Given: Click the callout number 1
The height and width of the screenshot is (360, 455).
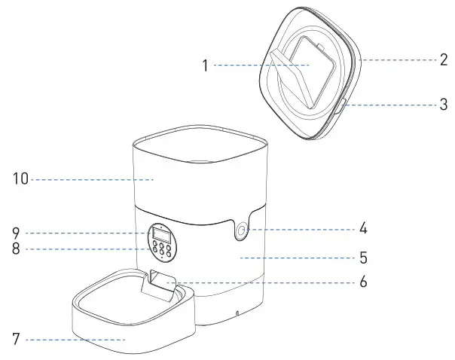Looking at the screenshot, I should point(204,66).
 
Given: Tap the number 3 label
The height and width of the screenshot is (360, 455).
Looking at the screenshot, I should point(444,105).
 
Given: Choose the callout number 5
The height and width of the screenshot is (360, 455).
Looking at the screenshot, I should point(363,258).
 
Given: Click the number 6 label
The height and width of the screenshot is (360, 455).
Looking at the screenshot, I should point(363,283).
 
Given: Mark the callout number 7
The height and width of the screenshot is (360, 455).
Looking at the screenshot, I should point(16,339).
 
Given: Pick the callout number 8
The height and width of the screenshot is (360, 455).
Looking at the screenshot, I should point(16,249).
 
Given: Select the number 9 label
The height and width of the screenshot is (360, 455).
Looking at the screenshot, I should point(16,232).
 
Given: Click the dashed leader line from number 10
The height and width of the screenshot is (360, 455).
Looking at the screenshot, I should point(90,179).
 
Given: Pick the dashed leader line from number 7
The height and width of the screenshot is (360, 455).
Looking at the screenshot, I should point(75,339).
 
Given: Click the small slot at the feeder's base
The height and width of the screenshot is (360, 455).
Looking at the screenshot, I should point(236,313).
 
